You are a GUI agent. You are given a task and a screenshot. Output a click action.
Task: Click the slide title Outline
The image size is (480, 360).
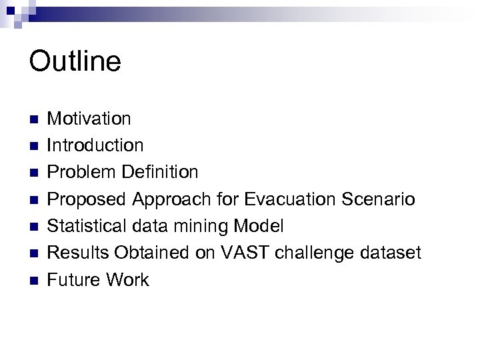coord(75,61)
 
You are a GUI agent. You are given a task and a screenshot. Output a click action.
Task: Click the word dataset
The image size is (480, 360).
coord(398,253)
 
